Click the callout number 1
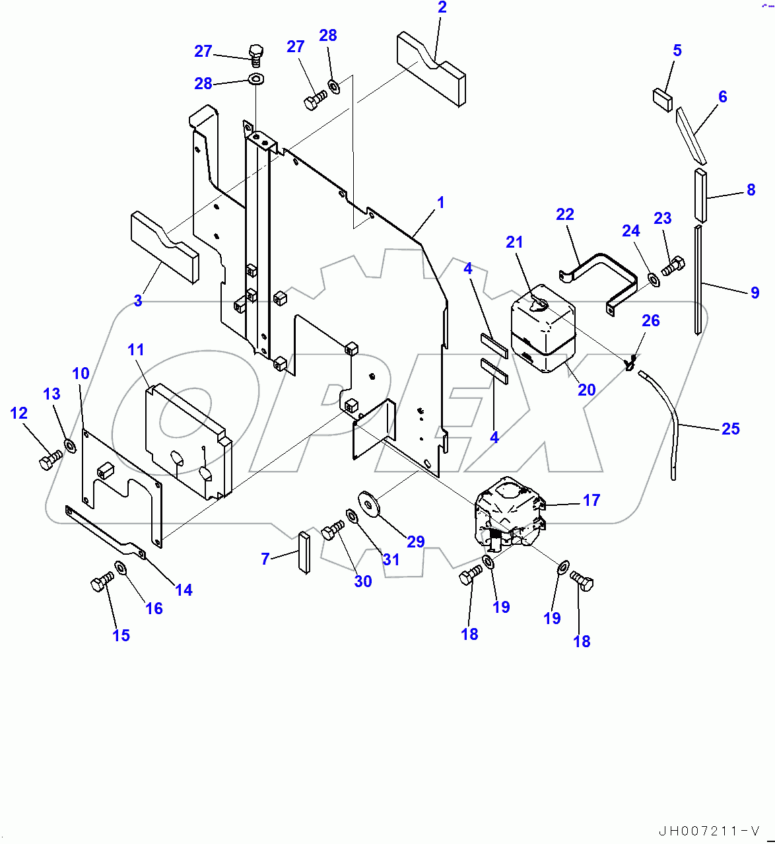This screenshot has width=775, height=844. pos(440,202)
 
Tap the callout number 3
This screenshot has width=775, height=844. pos(137,301)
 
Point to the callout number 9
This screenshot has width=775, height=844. pos(755,293)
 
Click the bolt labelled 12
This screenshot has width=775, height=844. pos(50,460)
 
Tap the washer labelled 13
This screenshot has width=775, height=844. pos(70,445)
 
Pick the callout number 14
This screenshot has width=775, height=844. pos(184,590)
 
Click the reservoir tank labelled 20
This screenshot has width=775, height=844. pos(543,330)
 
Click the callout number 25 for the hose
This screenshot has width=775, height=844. pos(730,429)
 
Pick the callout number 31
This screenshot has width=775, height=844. pos(391,559)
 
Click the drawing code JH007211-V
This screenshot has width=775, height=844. pos(709,831)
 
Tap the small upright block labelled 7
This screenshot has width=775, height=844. pos(304,553)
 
